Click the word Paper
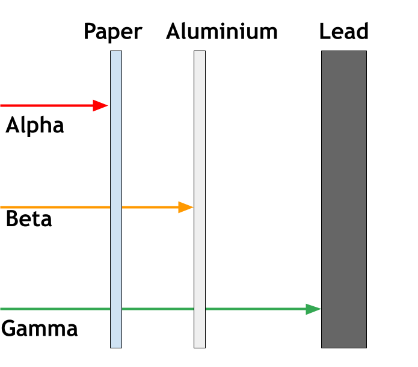coord(113,32)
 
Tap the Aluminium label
coord(222,31)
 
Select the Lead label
coord(344,31)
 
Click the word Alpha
coord(35,125)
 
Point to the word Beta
coord(29,219)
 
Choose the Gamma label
coord(40,328)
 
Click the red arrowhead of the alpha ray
coord(100,106)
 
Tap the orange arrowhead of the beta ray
coord(186,207)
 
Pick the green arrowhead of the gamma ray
coord(313,309)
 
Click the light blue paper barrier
coord(116,199)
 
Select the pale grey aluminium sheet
coord(200,199)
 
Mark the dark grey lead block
coord(344,199)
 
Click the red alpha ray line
coord(54,106)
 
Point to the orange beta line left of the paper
coord(55,207)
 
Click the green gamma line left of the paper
coord(55,309)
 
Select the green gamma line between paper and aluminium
coord(158,309)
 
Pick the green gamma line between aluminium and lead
coord(263,309)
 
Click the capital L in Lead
coord(325,31)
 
